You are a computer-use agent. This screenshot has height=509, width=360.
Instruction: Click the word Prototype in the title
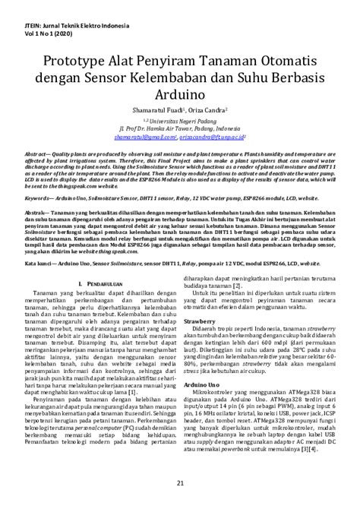pos(69,61)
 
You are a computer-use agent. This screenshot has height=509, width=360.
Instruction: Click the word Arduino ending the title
pos(180,96)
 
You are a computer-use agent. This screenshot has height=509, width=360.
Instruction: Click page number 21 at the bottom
pos(180,483)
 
